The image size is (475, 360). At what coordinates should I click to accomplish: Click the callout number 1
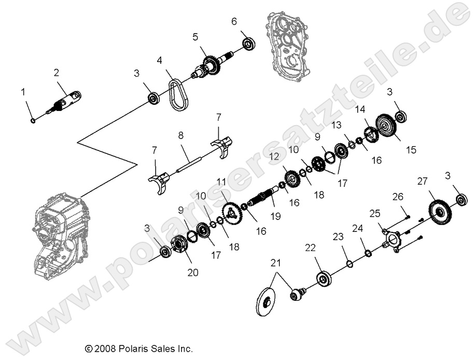tap(23, 92)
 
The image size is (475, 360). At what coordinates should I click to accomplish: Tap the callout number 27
tap(422, 181)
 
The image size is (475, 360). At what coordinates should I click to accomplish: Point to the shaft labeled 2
tap(67, 100)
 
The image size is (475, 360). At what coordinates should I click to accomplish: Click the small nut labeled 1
tap(32, 121)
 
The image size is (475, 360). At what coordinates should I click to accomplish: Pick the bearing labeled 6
tap(248, 44)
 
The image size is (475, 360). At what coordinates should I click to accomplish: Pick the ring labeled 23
tap(350, 264)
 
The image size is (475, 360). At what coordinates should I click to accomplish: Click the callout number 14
tap(360, 109)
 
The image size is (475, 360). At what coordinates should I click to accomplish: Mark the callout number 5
tap(195, 37)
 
